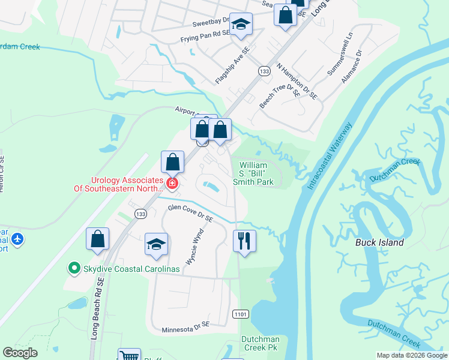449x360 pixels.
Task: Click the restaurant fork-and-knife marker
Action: (244, 241)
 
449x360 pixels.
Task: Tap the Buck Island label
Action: (379, 243)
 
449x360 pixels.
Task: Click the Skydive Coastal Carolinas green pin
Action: (74, 268)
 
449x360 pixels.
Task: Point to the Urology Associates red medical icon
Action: (172, 184)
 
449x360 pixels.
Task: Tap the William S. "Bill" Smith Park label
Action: (256, 173)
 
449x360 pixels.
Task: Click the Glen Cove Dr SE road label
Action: (190, 214)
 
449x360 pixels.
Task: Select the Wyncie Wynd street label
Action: (194, 245)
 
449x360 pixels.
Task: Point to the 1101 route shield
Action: (240, 313)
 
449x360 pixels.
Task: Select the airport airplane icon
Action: (17, 239)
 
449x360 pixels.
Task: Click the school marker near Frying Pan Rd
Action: (241, 24)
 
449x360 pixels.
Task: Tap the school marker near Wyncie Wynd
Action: (156, 245)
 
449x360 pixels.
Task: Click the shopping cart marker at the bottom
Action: (129, 356)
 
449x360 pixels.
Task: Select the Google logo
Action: (20, 353)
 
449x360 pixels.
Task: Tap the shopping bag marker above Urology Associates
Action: (172, 161)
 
